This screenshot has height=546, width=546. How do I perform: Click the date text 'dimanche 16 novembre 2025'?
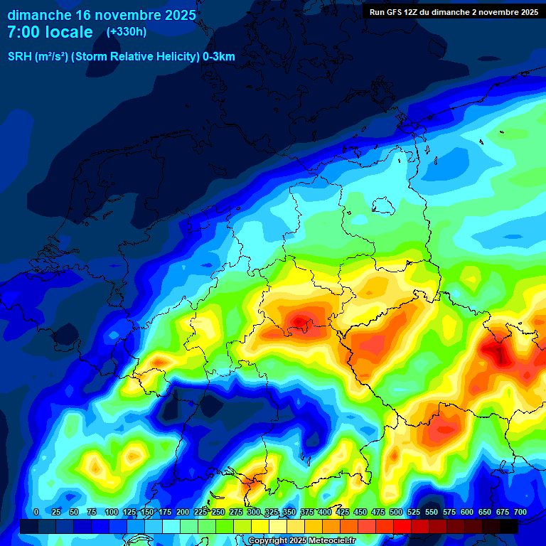coord(102,15)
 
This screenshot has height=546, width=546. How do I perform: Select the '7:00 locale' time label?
coord(50,32)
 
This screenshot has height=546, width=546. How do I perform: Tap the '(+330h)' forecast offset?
coord(127,32)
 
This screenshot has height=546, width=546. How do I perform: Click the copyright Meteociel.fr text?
coord(302,541)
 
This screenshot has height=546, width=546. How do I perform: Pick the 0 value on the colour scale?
coord(36,512)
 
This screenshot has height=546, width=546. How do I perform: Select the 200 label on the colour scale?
coord(182,512)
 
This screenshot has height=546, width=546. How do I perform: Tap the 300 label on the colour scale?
coord(253,512)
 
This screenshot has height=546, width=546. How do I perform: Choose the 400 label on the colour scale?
coord(324,512)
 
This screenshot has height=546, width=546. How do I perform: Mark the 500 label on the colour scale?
coord(395,512)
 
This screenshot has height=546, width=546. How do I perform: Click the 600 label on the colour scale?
coord(466,512)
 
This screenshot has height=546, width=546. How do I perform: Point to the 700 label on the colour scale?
coord(520,512)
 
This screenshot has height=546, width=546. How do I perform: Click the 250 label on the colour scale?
coord(218,512)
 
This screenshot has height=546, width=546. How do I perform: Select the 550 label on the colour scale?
coord(431,512)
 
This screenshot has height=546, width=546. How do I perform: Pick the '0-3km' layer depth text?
coord(219,57)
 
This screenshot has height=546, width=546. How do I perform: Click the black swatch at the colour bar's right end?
coord(509,526)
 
